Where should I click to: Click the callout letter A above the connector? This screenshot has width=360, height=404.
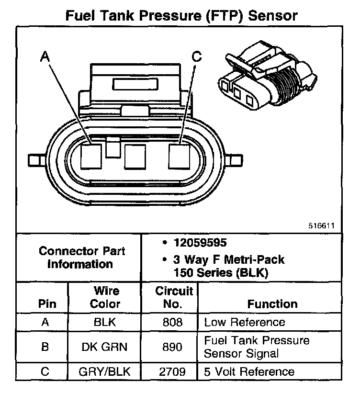point(45,57)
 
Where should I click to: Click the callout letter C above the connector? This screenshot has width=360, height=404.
point(197,57)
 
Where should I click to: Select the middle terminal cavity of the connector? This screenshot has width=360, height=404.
point(134,157)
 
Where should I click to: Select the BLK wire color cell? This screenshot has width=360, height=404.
point(105,322)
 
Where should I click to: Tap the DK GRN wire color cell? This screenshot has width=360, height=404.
point(105,347)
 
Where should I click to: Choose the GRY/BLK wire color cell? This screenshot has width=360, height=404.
point(105,371)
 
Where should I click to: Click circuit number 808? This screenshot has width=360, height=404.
point(173,322)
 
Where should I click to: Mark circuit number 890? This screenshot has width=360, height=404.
point(173,347)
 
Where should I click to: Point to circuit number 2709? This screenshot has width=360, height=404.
point(173,371)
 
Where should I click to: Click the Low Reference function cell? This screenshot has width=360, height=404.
point(245,322)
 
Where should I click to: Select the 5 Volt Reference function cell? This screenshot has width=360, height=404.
point(249,371)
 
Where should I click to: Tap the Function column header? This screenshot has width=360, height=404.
point(272,303)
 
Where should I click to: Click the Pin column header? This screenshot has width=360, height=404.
point(47,303)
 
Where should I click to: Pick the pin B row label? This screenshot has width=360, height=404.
point(45,347)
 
